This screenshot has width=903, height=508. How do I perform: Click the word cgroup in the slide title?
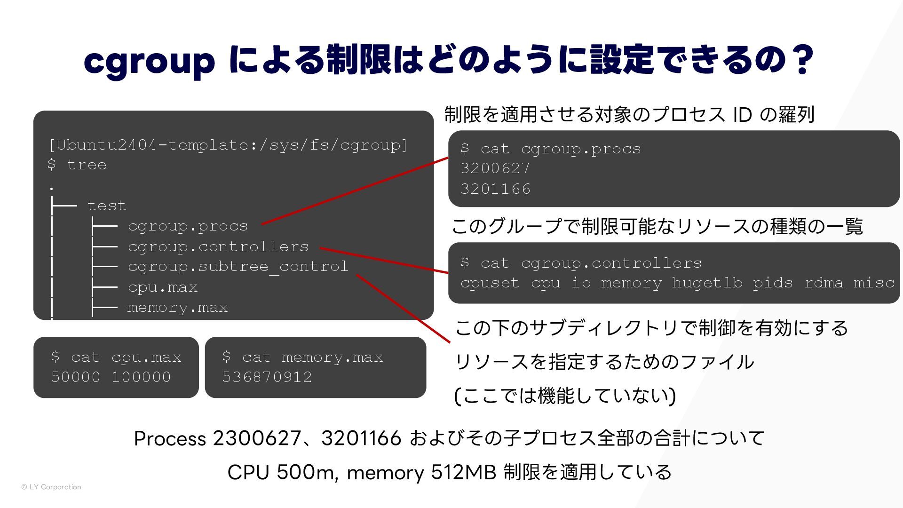point(149,61)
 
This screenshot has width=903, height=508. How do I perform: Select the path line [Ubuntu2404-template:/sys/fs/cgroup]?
point(228,145)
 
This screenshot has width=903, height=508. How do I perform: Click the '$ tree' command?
point(77,165)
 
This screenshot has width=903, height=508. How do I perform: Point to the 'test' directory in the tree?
point(106,206)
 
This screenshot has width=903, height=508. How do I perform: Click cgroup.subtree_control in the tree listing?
point(238,267)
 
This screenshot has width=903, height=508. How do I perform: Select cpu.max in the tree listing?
point(163,287)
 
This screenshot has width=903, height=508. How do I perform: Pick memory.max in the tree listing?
point(177,308)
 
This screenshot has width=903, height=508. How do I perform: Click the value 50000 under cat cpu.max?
point(76,377)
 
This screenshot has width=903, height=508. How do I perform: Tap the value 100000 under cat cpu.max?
point(141,377)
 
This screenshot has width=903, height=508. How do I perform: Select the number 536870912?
point(267,377)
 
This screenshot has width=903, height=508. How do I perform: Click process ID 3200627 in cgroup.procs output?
point(495,168)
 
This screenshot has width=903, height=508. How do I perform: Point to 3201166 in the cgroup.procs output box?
point(495,189)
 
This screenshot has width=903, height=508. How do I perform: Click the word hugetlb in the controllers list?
point(707,283)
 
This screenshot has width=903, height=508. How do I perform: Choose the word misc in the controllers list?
point(874,283)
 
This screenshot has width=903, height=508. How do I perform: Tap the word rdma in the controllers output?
point(823,283)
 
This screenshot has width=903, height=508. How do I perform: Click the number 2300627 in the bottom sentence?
point(257,438)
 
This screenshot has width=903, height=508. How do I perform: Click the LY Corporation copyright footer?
point(51,487)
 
